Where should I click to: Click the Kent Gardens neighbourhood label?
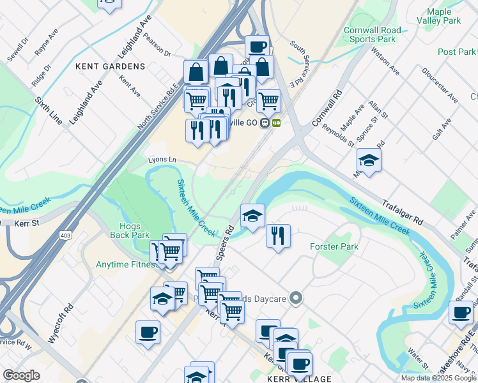[x=111, y=66]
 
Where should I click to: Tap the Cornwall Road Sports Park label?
[x=373, y=34]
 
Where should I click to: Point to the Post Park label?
[x=457, y=52]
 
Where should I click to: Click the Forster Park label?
[x=334, y=246]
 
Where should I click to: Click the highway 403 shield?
[x=65, y=236]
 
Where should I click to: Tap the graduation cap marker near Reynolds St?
[x=369, y=160]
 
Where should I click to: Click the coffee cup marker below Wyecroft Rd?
[x=148, y=332]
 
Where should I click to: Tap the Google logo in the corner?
[x=21, y=375]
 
